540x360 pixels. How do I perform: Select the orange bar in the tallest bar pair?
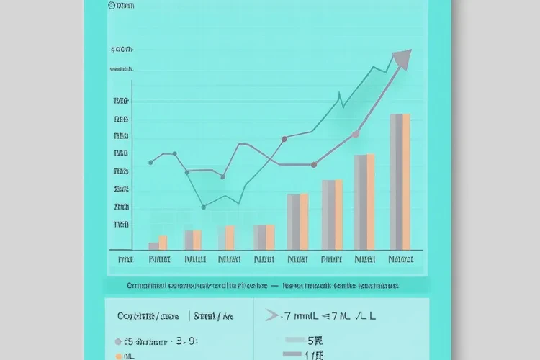coord(406,181)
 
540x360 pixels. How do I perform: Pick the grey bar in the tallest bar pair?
coord(395,181)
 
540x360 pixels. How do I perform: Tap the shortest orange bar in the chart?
coord(163,243)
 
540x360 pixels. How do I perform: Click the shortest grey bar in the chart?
coord(153,246)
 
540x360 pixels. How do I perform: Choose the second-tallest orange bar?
coord(371,202)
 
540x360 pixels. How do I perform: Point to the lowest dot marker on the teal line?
coord(204,207)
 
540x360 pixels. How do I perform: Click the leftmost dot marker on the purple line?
coord(150,163)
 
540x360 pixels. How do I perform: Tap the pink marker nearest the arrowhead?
coord(355,134)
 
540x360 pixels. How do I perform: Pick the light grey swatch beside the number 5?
coord(295,340)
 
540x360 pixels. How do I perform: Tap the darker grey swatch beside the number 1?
coord(292,354)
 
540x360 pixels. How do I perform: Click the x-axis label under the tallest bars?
coord(400,259)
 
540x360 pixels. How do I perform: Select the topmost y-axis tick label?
coord(122,50)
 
